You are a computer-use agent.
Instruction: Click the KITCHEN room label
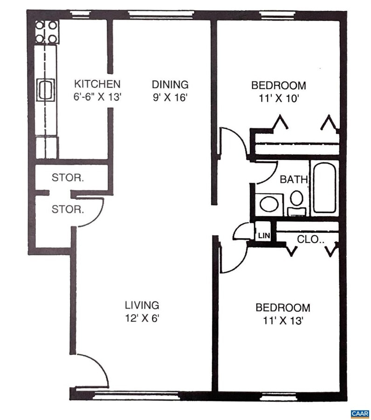(x=98, y=84)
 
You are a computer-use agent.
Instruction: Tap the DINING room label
(x=170, y=84)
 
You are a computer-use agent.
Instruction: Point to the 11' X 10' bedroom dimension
(x=278, y=98)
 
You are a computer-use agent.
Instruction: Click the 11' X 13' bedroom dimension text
(x=282, y=321)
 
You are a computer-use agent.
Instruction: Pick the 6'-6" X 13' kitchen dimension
(x=98, y=98)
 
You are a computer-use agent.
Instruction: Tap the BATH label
(x=293, y=179)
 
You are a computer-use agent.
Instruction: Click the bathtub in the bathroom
(x=324, y=188)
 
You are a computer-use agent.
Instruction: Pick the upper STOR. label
(x=68, y=177)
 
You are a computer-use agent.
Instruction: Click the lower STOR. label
(x=68, y=209)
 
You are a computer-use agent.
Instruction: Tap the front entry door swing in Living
(x=91, y=370)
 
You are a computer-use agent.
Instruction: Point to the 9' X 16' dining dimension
(x=170, y=98)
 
